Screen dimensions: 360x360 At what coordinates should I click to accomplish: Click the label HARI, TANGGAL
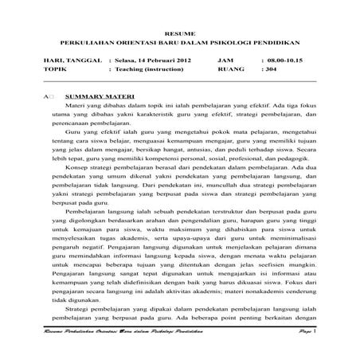72,61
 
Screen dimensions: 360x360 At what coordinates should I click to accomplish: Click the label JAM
225,61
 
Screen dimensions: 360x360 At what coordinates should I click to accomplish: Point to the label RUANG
230,70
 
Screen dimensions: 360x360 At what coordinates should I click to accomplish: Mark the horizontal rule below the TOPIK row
179,80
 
